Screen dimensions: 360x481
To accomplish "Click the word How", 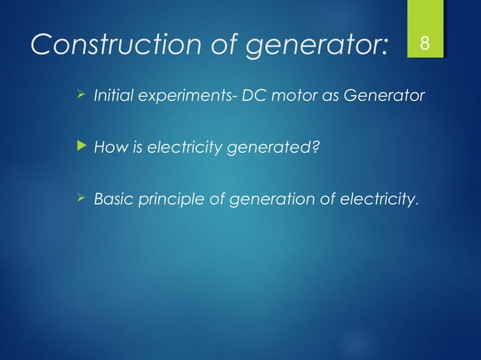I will (107, 148).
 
